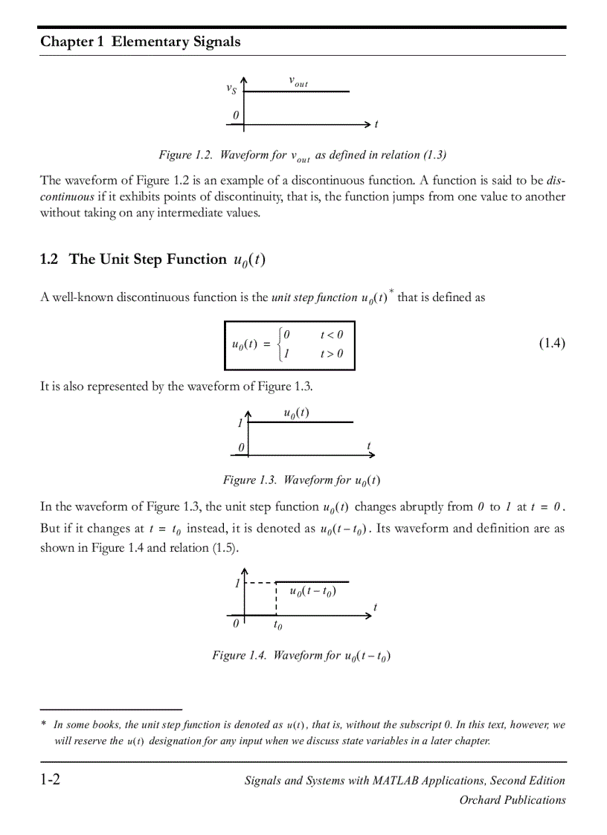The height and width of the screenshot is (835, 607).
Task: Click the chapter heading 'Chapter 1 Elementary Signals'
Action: (x=141, y=42)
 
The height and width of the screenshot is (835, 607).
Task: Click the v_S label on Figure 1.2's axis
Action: (x=231, y=89)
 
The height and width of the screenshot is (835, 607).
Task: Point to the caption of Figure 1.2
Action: (x=302, y=155)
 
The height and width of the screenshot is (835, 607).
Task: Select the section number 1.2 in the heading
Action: (x=49, y=259)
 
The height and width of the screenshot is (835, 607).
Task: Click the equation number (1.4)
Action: (x=551, y=343)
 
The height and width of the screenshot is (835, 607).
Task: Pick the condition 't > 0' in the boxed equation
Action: (x=332, y=354)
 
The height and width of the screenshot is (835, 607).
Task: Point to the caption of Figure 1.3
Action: (x=302, y=480)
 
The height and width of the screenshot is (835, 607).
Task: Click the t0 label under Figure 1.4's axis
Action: (x=277, y=626)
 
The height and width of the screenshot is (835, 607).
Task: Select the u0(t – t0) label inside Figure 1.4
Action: (x=312, y=592)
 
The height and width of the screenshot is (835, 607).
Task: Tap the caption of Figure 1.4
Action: (x=302, y=656)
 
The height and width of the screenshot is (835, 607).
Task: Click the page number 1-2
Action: (x=51, y=780)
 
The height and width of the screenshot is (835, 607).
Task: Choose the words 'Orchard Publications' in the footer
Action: (x=512, y=800)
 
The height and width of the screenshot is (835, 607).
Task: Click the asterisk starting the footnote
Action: (x=44, y=724)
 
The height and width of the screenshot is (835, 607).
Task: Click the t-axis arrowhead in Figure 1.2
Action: (x=367, y=123)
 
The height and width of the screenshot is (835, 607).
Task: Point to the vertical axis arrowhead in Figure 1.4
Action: (x=245, y=570)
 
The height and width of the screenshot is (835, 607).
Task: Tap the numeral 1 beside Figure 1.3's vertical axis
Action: (x=240, y=424)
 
